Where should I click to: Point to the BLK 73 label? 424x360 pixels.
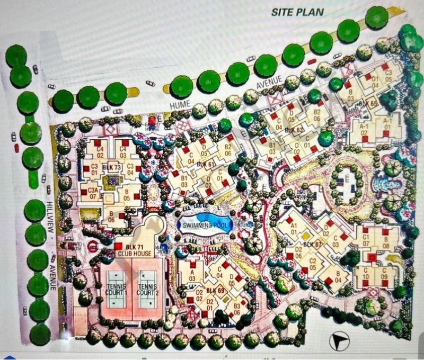point(112,167)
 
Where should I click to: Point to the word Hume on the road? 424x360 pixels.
point(180,106)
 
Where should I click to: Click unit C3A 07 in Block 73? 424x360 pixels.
point(93,193)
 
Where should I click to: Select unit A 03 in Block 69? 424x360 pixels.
point(192,275)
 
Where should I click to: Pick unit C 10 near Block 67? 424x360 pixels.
point(366,276)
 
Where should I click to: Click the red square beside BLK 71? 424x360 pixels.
point(118,246)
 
